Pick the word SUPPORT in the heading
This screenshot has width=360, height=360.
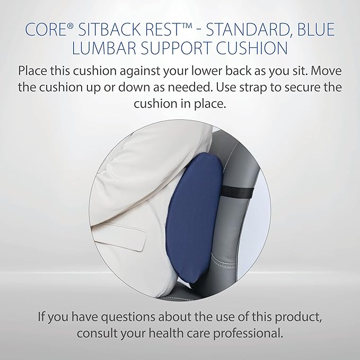(173, 48)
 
